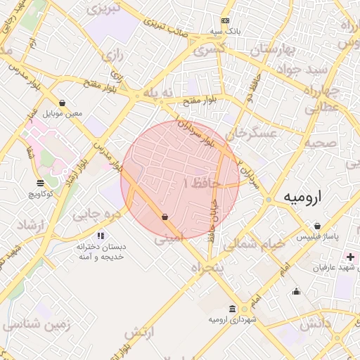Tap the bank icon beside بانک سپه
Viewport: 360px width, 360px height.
224,20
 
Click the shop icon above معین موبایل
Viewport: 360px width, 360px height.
63,102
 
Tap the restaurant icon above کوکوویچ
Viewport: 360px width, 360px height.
40,184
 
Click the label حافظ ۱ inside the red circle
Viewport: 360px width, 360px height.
202,183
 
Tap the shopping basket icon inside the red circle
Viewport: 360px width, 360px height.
165,217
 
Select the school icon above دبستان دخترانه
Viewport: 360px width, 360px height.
101,236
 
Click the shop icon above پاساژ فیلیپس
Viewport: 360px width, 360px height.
318,226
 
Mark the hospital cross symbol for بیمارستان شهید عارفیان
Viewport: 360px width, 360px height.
350,257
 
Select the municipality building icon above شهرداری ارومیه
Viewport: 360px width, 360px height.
233,309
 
